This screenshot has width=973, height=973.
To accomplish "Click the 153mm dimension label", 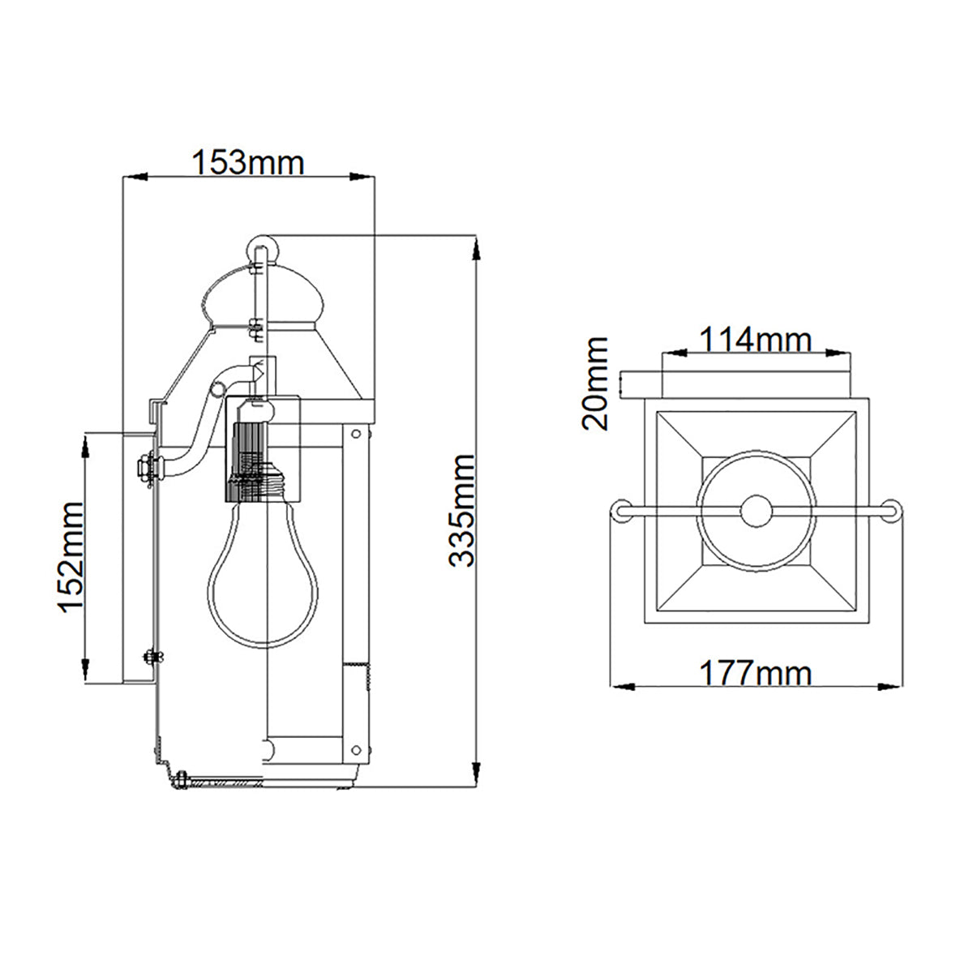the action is click(x=248, y=163).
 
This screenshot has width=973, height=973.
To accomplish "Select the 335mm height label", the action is click(x=462, y=510).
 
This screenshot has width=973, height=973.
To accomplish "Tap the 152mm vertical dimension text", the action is click(x=71, y=557).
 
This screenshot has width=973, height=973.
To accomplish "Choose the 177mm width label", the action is click(x=755, y=673).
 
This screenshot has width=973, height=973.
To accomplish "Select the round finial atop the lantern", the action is click(x=262, y=251).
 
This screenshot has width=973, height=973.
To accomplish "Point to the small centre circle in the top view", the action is click(x=756, y=512).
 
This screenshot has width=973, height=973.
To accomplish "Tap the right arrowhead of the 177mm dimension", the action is click(x=890, y=687).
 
